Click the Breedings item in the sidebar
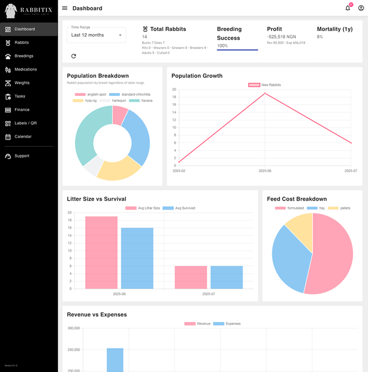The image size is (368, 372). coord(23,56)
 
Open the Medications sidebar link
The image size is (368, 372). coord(25,69)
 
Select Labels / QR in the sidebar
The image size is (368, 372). coord(25,123)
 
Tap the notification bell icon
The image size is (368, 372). coord(348,8)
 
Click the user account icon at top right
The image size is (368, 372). coord(361,8)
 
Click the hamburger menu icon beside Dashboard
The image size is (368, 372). coord(65,8)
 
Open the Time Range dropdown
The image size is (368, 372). coord(97,35)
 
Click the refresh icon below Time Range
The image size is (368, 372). coord(73,56)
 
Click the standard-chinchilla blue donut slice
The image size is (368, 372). coord(138,134)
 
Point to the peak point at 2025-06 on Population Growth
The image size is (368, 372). coord(265,93)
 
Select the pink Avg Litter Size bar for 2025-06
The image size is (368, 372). coord(101,252)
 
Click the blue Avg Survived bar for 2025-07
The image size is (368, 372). coord(227,277)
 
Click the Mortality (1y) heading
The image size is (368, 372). coord(334,29)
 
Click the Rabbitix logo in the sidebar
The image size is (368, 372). coord(29,10)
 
